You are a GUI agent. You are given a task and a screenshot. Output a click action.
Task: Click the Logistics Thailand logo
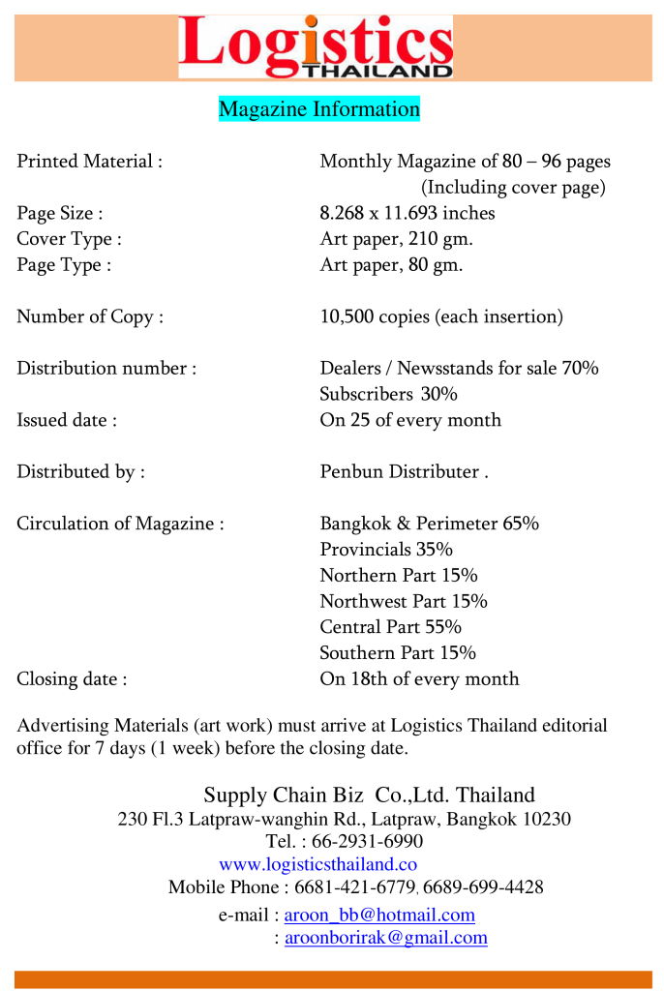pos(316,46)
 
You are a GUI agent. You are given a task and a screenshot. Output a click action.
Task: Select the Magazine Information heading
pos(319,108)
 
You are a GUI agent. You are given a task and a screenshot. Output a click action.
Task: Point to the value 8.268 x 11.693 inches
pos(407,213)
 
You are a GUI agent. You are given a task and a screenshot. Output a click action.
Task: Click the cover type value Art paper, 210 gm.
pos(397,238)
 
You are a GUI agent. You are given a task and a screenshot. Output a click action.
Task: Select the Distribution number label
pos(106,368)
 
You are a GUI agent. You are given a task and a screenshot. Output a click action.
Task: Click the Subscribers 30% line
pos(388,394)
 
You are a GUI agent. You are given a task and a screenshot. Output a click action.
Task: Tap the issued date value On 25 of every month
pos(410,420)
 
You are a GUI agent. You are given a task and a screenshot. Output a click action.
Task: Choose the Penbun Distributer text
pos(400,471)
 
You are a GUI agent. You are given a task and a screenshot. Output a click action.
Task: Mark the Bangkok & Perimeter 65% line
pos(429,524)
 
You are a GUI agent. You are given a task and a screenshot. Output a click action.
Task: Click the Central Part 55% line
pos(390,627)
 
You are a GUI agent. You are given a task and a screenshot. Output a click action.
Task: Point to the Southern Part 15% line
pos(398,653)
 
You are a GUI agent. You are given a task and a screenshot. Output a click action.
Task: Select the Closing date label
pos(72,678)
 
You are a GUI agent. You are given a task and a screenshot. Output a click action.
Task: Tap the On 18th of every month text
pos(419,678)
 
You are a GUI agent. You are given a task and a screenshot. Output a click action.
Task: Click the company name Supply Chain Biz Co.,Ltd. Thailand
pos(369,796)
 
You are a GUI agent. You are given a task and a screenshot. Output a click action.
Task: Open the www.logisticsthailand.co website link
pos(317,864)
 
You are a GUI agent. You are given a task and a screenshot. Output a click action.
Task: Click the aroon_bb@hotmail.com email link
pos(379,915)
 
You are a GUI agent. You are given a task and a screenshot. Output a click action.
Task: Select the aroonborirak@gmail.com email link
pos(386,938)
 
